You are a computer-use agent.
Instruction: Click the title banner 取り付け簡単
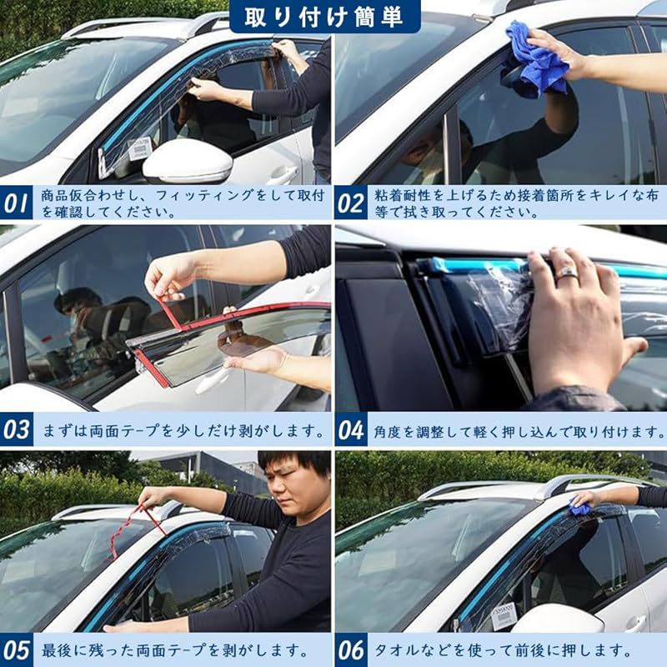click(325, 17)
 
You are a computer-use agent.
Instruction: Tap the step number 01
click(16, 203)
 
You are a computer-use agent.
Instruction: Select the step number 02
click(350, 203)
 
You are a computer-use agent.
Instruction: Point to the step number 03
click(16, 429)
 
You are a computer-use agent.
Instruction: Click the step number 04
click(350, 429)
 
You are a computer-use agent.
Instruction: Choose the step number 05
click(16, 650)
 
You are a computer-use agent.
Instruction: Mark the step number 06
click(350, 650)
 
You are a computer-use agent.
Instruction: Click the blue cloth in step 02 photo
click(537, 58)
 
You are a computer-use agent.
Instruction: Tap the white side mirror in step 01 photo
click(188, 162)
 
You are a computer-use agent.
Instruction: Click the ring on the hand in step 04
click(567, 273)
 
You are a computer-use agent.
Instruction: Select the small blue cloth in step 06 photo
click(579, 507)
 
